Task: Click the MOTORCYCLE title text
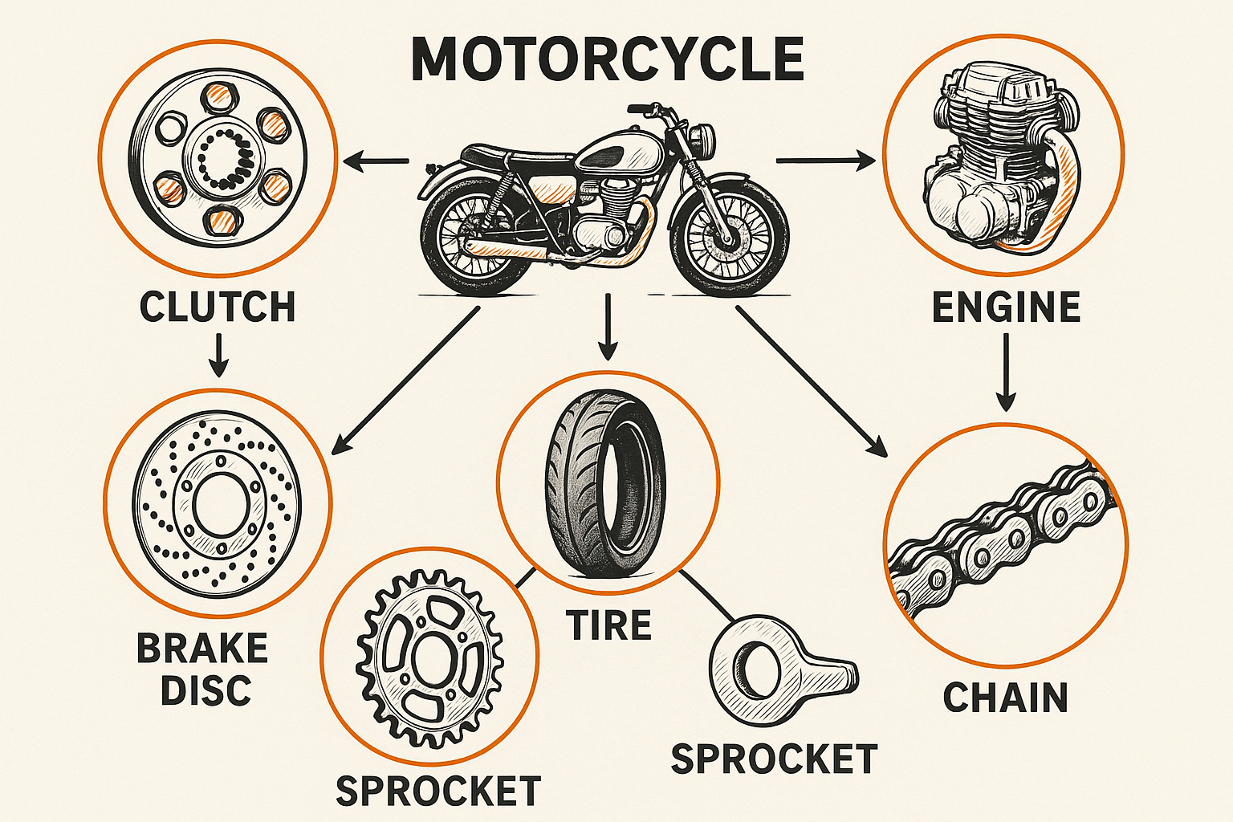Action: tap(608, 59)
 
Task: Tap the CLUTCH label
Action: tap(218, 307)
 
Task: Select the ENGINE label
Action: tap(1006, 307)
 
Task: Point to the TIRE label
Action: tap(609, 625)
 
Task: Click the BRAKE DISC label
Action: tap(202, 669)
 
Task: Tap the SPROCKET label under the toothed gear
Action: tap(438, 791)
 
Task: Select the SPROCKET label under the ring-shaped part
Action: tap(774, 759)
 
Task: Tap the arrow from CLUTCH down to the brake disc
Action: tap(218, 354)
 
